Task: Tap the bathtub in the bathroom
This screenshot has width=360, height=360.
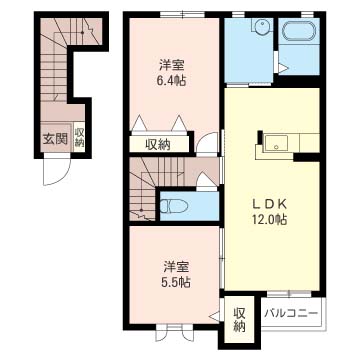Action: point(298,32)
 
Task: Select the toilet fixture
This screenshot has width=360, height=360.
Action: point(173,205)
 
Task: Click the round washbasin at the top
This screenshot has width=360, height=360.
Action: point(262,26)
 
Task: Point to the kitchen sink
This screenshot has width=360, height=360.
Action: point(276,143)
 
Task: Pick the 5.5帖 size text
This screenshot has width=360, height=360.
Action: point(176,283)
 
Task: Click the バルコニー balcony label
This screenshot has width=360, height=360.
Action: point(290,314)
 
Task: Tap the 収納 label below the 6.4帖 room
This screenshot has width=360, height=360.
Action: point(158,145)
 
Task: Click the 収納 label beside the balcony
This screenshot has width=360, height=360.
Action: point(239,320)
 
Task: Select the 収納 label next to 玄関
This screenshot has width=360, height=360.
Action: point(79,137)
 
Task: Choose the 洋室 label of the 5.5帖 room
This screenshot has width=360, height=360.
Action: point(176,267)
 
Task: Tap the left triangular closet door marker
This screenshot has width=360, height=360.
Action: point(140,123)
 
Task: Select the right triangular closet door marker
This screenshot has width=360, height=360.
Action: point(179,123)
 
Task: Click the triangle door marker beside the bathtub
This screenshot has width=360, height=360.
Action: point(283,69)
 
